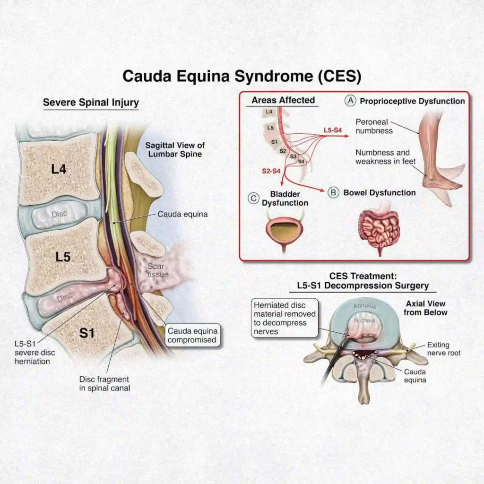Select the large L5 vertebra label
tap(63, 257)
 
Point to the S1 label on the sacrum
tap(87, 333)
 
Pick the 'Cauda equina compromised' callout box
tap(192, 335)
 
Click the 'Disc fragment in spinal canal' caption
tap(104, 383)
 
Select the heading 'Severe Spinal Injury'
tap(91, 102)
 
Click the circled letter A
tap(350, 101)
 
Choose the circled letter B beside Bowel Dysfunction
tap(334, 192)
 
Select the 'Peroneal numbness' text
tap(374, 126)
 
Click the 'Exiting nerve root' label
tap(445, 349)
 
